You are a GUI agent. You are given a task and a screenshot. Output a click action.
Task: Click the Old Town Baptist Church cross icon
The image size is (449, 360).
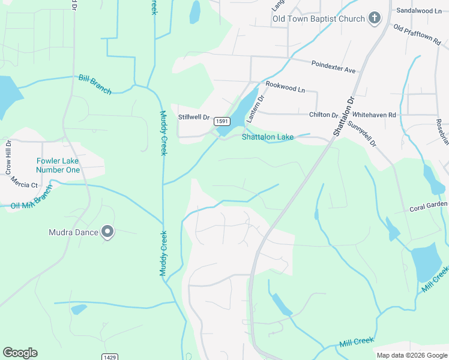pyautogui.click(x=374, y=18)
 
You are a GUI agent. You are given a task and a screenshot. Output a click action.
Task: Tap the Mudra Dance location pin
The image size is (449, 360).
pyautogui.click(x=107, y=232)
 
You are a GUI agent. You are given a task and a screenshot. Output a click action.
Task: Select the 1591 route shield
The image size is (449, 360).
pyautogui.click(x=222, y=121)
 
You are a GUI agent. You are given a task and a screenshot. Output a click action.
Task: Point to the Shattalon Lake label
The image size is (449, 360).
pyautogui.click(x=268, y=137)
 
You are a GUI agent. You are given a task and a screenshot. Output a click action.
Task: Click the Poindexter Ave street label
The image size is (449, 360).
pyautogui.click(x=333, y=67)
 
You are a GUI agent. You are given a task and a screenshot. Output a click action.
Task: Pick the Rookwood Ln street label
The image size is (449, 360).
pyautogui.click(x=285, y=88)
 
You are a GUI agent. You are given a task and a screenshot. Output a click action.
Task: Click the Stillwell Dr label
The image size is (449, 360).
pyautogui.click(x=193, y=118)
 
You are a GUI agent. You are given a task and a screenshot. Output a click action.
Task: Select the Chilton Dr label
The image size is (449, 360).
pyautogui.click(x=324, y=115)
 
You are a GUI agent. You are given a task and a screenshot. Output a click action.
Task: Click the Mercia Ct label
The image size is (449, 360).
pyautogui.click(x=26, y=185)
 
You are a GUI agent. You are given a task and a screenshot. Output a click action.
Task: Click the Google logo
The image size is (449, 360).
pyautogui.click(x=20, y=353)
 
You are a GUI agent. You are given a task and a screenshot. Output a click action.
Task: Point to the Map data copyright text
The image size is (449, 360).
pyautogui.click(x=411, y=355)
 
